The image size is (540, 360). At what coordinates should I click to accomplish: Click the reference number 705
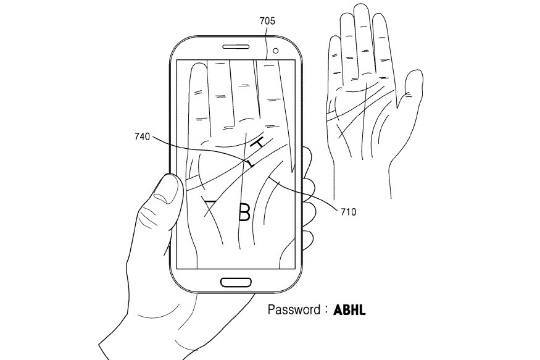[267, 21]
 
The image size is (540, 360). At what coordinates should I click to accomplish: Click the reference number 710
[347, 212]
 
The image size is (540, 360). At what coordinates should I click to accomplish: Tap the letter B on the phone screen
[244, 212]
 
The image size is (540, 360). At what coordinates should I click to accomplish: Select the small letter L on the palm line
[249, 164]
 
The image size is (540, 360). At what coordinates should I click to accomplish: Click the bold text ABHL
[350, 310]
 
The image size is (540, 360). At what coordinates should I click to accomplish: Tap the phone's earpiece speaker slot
[236, 47]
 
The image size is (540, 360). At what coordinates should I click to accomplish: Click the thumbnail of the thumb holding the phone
[165, 188]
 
